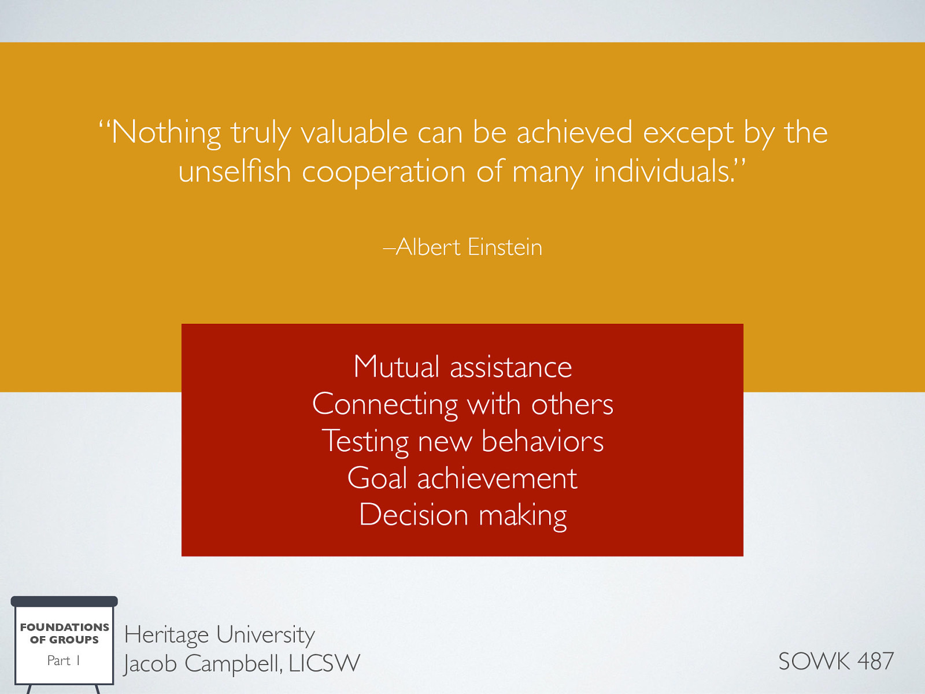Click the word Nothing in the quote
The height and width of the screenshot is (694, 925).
(x=166, y=132)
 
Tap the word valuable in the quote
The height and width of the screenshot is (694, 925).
(x=354, y=132)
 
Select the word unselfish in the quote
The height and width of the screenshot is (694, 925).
(x=234, y=172)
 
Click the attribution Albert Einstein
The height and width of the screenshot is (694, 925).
(x=469, y=248)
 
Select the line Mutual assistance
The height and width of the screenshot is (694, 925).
(x=462, y=367)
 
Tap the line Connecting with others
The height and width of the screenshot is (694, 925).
(x=462, y=404)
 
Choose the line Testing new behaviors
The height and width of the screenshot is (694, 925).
(x=462, y=441)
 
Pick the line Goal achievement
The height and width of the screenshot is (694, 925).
(x=462, y=478)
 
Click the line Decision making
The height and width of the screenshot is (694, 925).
(x=462, y=515)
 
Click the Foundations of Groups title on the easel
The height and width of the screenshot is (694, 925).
(x=64, y=633)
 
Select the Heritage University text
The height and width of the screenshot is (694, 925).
(x=219, y=635)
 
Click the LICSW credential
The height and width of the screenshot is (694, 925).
(x=324, y=663)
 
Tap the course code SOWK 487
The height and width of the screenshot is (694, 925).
(x=836, y=661)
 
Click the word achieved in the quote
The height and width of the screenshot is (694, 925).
(x=574, y=132)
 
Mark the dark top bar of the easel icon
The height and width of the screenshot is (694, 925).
(x=64, y=601)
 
